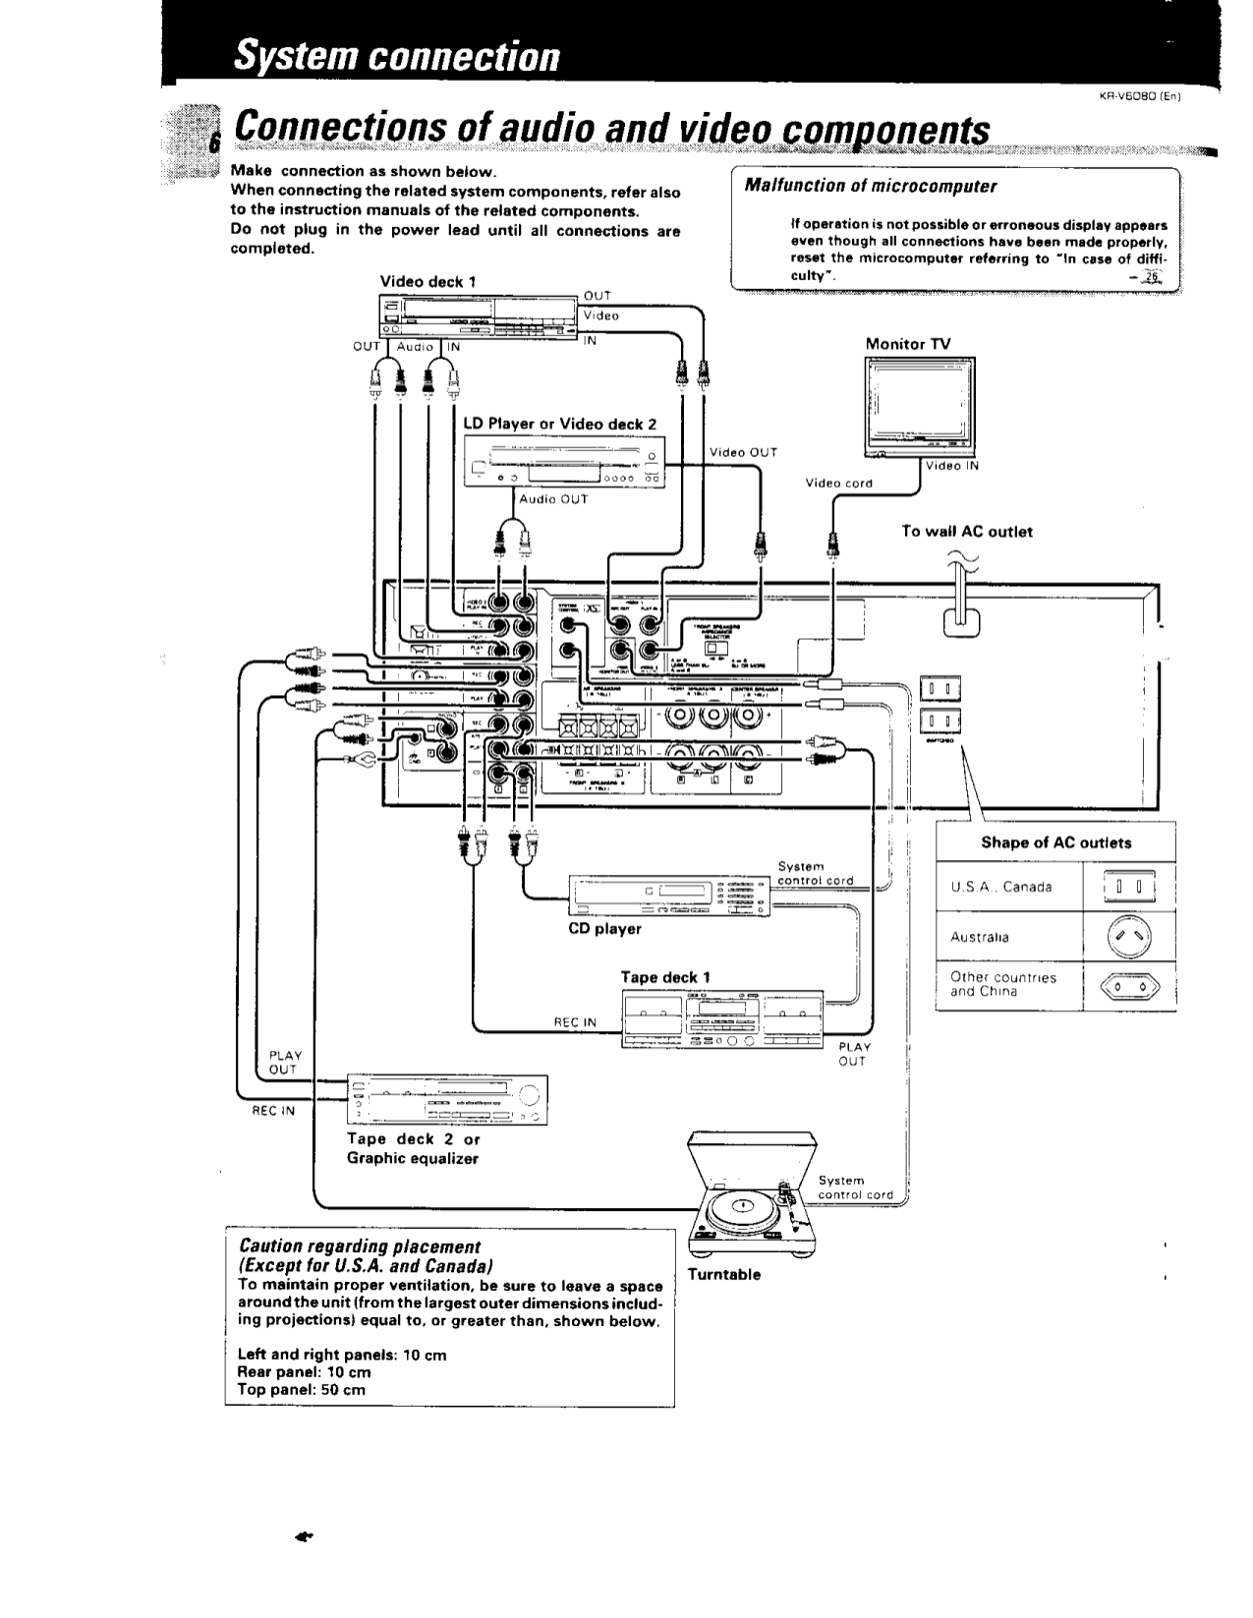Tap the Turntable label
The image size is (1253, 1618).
click(723, 1274)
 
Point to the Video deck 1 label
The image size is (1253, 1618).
click(427, 281)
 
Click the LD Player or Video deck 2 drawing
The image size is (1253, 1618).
click(564, 463)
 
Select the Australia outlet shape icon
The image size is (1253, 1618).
click(1128, 938)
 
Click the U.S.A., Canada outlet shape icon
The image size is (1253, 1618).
click(1128, 887)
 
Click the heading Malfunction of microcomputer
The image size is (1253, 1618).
click(870, 186)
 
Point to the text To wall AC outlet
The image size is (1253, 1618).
click(967, 531)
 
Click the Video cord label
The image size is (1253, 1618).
click(838, 483)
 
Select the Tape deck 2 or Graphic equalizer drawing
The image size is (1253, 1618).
click(447, 1100)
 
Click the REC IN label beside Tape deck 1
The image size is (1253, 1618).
click(575, 1022)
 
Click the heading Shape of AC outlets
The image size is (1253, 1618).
click(1055, 842)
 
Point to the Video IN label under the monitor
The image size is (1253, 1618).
click(949, 466)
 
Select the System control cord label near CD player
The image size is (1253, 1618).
click(815, 873)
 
